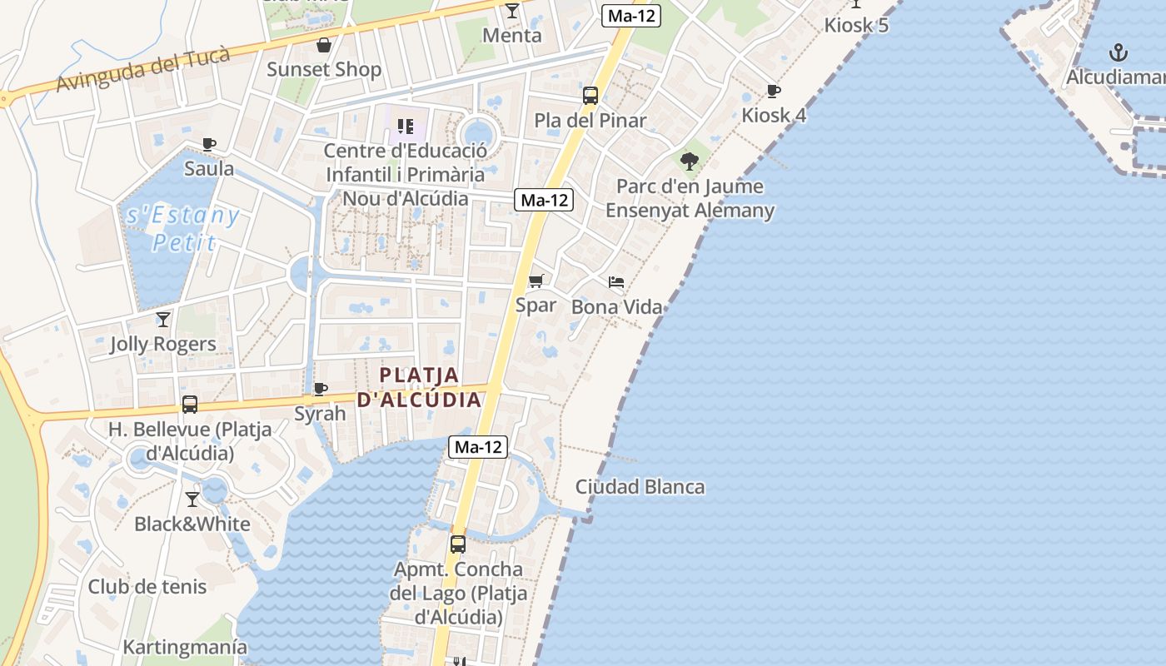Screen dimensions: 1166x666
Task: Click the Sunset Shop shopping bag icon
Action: click(x=323, y=45)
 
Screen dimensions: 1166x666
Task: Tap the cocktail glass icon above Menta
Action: click(x=511, y=11)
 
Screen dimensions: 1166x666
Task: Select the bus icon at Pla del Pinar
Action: click(x=590, y=96)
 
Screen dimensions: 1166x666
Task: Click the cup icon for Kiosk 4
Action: click(x=774, y=91)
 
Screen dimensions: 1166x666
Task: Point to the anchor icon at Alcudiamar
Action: click(x=1119, y=53)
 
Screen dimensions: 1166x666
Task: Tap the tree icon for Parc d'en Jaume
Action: click(x=689, y=161)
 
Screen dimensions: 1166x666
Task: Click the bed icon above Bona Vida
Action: click(x=616, y=282)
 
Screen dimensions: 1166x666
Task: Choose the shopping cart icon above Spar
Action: click(x=536, y=281)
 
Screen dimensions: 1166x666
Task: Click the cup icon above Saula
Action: click(x=209, y=144)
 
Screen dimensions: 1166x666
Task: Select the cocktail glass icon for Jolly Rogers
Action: click(x=163, y=319)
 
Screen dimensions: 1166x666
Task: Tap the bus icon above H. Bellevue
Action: click(x=190, y=405)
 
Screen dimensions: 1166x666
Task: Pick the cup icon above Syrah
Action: click(x=320, y=389)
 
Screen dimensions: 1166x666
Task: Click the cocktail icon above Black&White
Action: click(x=192, y=499)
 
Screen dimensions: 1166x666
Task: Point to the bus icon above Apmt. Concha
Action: click(x=458, y=544)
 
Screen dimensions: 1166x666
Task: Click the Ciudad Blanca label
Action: click(x=640, y=487)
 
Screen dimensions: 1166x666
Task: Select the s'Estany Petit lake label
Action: click(x=183, y=229)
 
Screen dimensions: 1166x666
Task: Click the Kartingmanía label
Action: click(x=185, y=647)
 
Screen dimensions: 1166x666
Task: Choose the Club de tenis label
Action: click(x=147, y=586)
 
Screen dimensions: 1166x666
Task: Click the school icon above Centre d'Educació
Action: click(x=406, y=127)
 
